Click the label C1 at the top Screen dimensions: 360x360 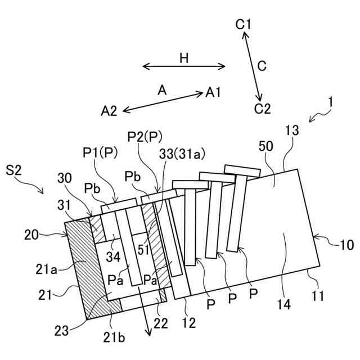[x=244, y=24]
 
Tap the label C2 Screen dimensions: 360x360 [x=262, y=109]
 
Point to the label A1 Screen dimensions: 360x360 [x=213, y=92]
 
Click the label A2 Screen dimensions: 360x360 [x=109, y=111]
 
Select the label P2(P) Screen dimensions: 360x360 [x=145, y=136]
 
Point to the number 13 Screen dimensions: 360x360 [x=292, y=131]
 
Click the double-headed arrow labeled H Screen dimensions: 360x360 [x=184, y=67]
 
